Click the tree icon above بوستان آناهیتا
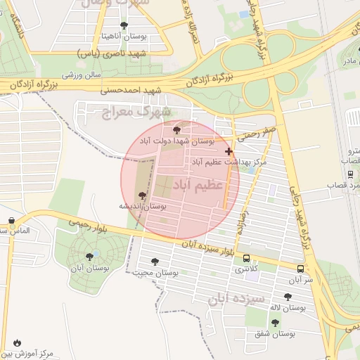click(124, 25)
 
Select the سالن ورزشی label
click(81, 74)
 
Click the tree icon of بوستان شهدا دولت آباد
click(176, 129)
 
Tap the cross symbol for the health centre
click(229, 151)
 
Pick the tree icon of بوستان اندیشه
click(143, 195)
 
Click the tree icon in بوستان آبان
click(89, 257)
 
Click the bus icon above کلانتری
click(246, 258)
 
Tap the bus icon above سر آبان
click(301, 268)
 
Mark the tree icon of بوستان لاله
click(287, 297)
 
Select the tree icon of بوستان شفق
click(275, 323)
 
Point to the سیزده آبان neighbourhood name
click(236, 299)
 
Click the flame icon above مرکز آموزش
click(17, 342)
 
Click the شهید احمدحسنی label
click(131, 91)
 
